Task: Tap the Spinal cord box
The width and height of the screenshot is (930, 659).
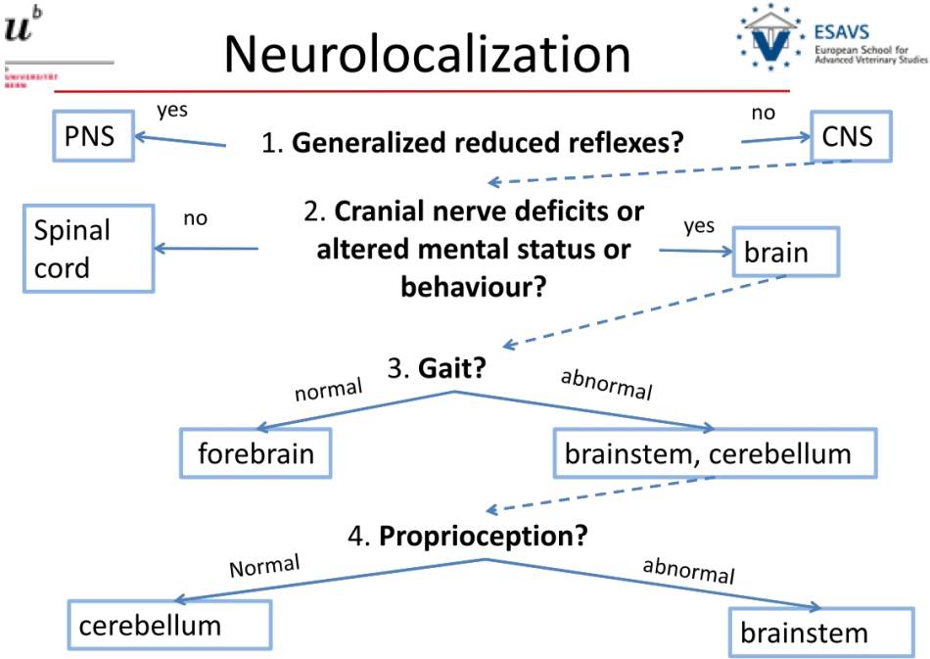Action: (87, 249)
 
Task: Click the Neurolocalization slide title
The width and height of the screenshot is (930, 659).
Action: (427, 54)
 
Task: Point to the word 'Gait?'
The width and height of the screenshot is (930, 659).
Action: (455, 369)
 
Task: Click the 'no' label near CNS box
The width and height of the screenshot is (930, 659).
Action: (763, 113)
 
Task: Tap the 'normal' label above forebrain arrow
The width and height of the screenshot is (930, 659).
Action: (329, 390)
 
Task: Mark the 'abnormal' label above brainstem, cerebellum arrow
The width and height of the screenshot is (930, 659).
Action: (606, 385)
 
